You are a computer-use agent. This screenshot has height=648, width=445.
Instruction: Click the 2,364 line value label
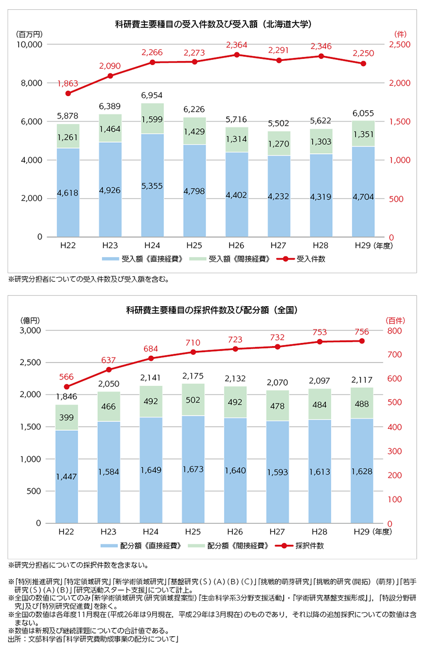[237, 45]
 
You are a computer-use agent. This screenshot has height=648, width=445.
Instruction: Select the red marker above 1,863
[68, 93]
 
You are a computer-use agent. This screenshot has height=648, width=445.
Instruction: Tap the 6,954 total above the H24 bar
[152, 97]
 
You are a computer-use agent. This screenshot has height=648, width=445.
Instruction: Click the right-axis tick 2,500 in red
[399, 45]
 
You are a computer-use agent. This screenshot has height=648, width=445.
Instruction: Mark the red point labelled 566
[66, 387]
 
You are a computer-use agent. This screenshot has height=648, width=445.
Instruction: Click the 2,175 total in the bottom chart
[194, 376]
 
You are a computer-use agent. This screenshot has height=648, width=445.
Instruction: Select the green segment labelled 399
[67, 417]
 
